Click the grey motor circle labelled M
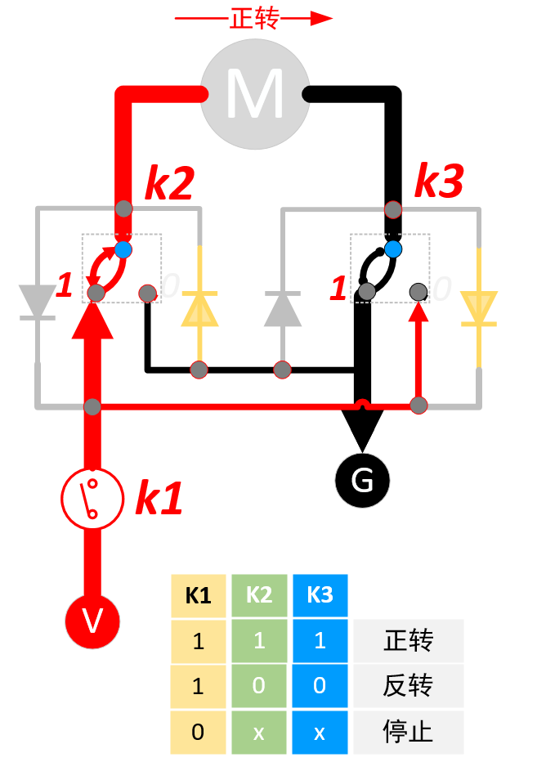(x=254, y=95)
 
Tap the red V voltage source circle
(x=92, y=621)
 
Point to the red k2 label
(x=169, y=184)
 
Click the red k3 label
(x=439, y=182)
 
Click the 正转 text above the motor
(x=254, y=19)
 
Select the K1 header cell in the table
(x=198, y=594)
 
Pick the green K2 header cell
(x=259, y=594)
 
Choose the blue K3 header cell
(x=320, y=594)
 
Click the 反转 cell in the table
(x=408, y=685)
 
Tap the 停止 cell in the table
(x=408, y=731)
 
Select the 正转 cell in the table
(x=408, y=640)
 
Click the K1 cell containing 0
(x=198, y=731)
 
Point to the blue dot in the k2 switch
(x=123, y=249)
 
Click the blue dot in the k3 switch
(x=393, y=249)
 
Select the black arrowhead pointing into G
(x=362, y=428)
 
